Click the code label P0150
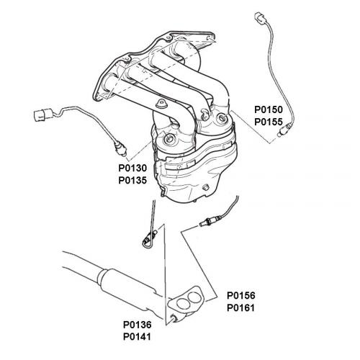[269, 109]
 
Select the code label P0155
[269, 122]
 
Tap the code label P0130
[132, 168]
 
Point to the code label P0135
[132, 180]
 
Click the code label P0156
[241, 295]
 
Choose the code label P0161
[241, 307]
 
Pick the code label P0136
[138, 325]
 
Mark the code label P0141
[138, 337]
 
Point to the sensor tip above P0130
[121, 149]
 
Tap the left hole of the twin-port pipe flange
[182, 304]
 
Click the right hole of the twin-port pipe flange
[194, 297]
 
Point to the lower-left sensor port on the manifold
[168, 138]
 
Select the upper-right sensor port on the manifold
[221, 118]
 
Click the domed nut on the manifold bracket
[161, 104]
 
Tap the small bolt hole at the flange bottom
[174, 318]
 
